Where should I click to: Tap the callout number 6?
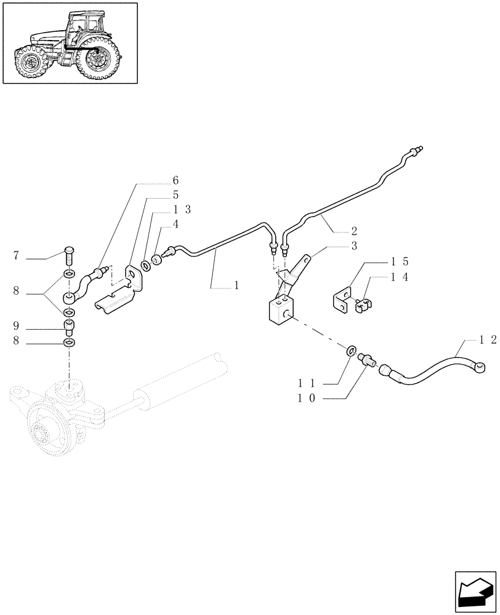click(x=175, y=181)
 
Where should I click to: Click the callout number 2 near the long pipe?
click(x=353, y=231)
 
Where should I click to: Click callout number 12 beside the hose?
click(x=489, y=339)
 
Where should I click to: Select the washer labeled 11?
click(x=351, y=352)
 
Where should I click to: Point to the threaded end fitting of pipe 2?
click(x=418, y=150)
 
